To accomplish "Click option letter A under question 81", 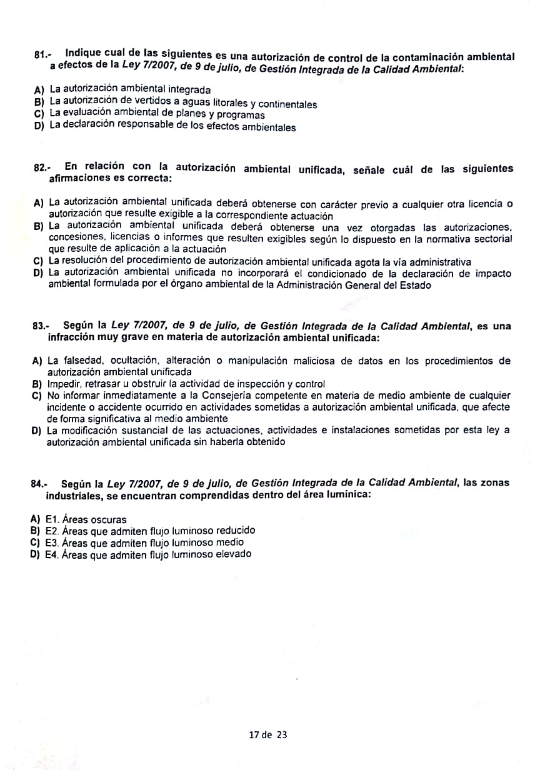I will pos(39,90).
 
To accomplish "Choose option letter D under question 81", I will pos(39,127).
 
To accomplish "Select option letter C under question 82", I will pos(37,262).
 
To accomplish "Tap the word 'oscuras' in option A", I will pos(107,519).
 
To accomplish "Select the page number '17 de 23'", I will pos(267,735).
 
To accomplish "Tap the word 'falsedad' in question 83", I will pos(82,361).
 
